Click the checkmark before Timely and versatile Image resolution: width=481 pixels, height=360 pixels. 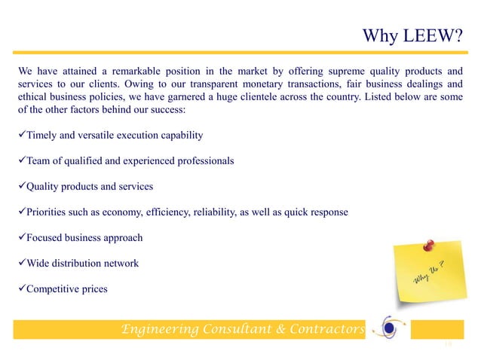point(21,135)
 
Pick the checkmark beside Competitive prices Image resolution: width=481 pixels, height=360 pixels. point(21,288)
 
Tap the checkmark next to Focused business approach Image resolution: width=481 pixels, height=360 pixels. point(21,237)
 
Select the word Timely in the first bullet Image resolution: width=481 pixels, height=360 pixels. point(43,135)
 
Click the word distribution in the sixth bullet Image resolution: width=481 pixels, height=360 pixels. point(80,263)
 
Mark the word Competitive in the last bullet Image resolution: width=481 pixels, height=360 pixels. point(57,288)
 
